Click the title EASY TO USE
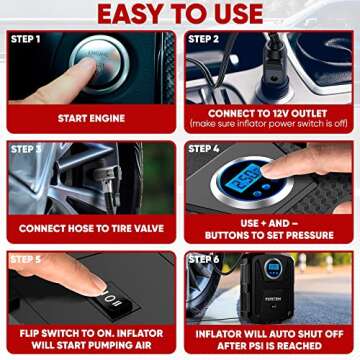pyautogui.click(x=180, y=14)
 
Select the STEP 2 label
pyautogui.click(x=205, y=39)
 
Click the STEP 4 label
pyautogui.click(x=205, y=149)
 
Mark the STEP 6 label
pyautogui.click(x=205, y=259)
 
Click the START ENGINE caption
pyautogui.click(x=92, y=118)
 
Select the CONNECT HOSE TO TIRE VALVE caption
pyautogui.click(x=92, y=228)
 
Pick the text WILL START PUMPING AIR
pyautogui.click(x=92, y=344)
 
